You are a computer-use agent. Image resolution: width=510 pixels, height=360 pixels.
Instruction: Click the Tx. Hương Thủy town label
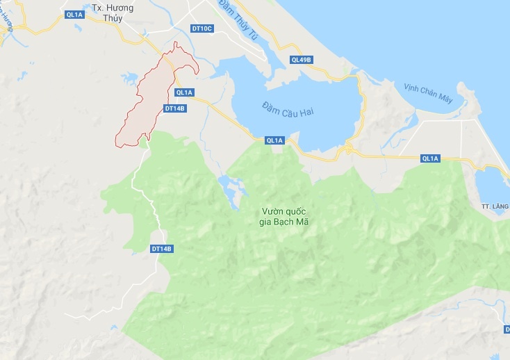[x=112, y=13]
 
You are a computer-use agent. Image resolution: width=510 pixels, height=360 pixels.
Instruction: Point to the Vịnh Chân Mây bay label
[x=428, y=93]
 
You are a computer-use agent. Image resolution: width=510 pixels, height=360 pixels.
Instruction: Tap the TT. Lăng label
[x=495, y=206]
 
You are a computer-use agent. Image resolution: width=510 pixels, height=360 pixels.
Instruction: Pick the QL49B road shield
[x=301, y=60]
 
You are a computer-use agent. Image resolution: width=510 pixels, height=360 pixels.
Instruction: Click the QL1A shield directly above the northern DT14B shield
[x=184, y=92]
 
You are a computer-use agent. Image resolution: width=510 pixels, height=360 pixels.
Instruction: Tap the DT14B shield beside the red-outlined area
[x=174, y=108]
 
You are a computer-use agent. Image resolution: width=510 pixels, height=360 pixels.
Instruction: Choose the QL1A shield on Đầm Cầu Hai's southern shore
[x=274, y=140]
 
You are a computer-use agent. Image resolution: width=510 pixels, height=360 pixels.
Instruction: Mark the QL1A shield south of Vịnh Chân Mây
[x=430, y=158]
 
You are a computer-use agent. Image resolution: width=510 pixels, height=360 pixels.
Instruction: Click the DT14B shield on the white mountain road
[x=161, y=249]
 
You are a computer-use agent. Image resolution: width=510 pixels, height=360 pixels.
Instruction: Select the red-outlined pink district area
[x=149, y=104]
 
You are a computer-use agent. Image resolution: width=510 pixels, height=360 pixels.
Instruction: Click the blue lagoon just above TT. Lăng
[x=494, y=184]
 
